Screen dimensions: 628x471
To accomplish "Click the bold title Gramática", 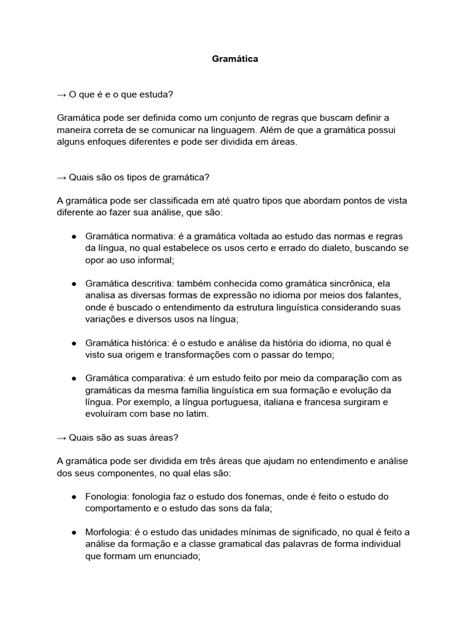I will click(x=235, y=59).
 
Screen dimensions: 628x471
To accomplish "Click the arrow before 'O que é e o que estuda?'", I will click(x=61, y=94).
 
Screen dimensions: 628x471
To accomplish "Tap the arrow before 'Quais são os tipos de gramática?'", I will click(x=61, y=177).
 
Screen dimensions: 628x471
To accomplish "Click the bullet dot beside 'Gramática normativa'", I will click(x=74, y=237).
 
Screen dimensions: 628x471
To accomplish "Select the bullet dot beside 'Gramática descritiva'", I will click(x=74, y=284).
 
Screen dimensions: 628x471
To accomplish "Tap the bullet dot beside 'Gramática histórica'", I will click(x=74, y=343).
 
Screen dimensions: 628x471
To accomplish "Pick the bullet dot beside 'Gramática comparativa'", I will click(x=74, y=378).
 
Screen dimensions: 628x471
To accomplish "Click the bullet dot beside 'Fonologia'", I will click(x=74, y=497).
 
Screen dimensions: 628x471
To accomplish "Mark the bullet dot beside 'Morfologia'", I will click(x=74, y=532).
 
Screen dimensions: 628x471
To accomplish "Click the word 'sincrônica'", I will click(x=345, y=283).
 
